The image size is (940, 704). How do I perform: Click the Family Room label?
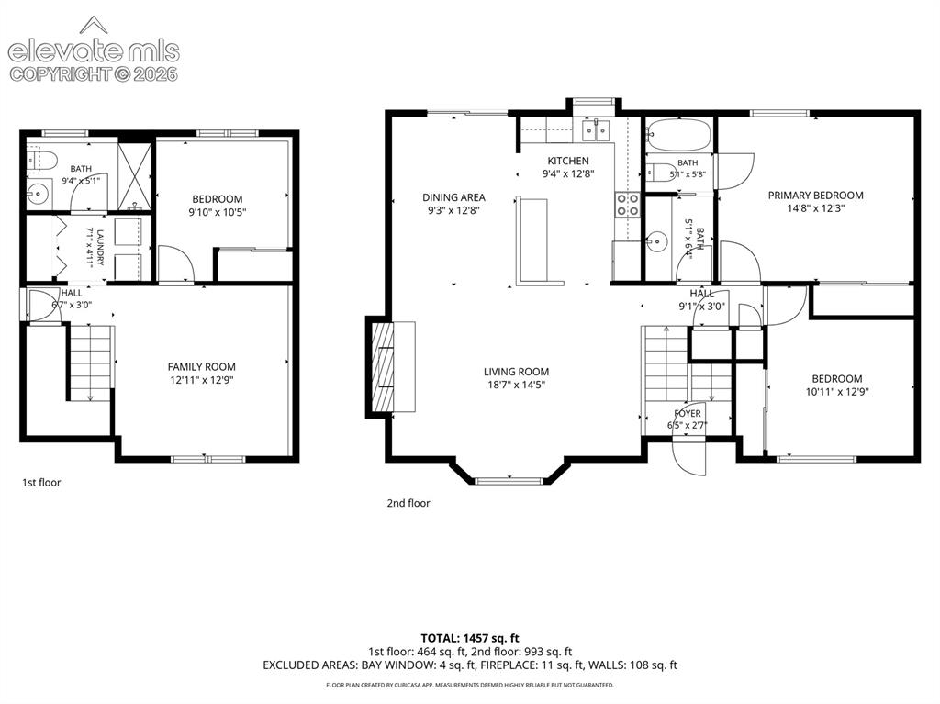pyautogui.click(x=201, y=366)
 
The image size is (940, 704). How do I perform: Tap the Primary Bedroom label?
pyautogui.click(x=815, y=195)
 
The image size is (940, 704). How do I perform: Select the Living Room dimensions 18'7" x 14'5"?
pyautogui.click(x=516, y=385)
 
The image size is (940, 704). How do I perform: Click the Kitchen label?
pyautogui.click(x=567, y=161)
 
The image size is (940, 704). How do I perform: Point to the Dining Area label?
pyautogui.click(x=453, y=197)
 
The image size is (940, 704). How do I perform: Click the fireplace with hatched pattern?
pyautogui.click(x=383, y=366)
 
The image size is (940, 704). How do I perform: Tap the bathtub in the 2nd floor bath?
pyautogui.click(x=679, y=135)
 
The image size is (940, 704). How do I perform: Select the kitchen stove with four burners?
pyautogui.click(x=627, y=204)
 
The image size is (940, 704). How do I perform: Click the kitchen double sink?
pyautogui.click(x=595, y=130)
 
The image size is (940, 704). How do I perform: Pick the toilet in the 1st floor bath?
pyautogui.click(x=42, y=160)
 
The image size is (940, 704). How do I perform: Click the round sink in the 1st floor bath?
pyautogui.click(x=38, y=194)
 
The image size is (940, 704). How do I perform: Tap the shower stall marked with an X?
pyautogui.click(x=134, y=176)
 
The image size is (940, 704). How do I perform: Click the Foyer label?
pyautogui.click(x=687, y=413)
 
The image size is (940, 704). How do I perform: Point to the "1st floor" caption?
pyautogui.click(x=41, y=482)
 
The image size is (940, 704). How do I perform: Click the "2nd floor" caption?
pyautogui.click(x=408, y=503)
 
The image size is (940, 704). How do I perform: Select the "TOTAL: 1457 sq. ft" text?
pyautogui.click(x=470, y=638)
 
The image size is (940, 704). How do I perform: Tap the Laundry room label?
pyautogui.click(x=100, y=247)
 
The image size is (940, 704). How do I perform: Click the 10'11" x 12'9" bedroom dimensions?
pyautogui.click(x=837, y=392)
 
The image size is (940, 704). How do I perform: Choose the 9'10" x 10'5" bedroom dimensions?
pyautogui.click(x=217, y=212)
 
